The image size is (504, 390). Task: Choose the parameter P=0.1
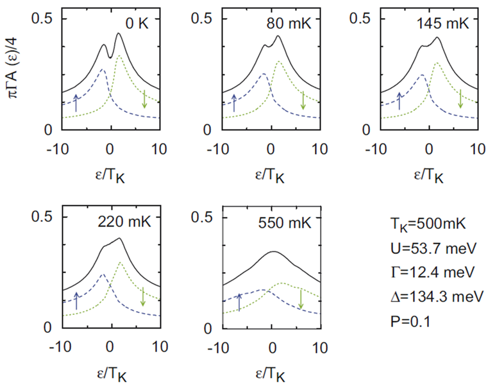coord(410,320)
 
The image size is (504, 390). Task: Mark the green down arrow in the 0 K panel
coord(144,99)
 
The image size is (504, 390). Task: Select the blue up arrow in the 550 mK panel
coord(240,301)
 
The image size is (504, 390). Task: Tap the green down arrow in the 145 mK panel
coord(460,99)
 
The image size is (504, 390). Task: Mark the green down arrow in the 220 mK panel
coord(142,298)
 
